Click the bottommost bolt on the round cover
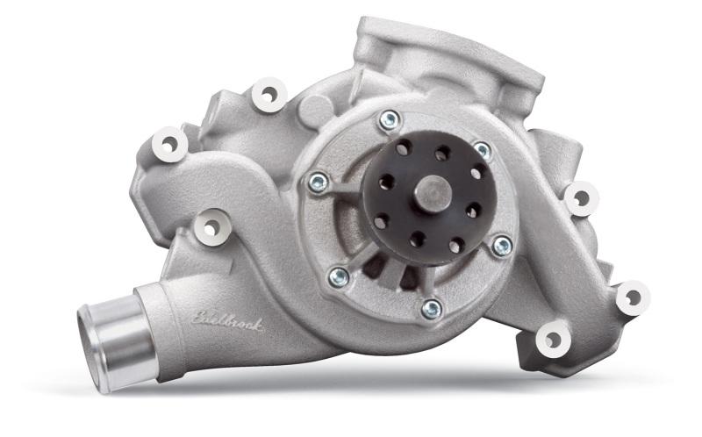[x=430, y=308]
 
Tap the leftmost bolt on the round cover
[x=318, y=183]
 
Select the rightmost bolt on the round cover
[x=502, y=247]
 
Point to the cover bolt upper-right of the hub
[x=482, y=152]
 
